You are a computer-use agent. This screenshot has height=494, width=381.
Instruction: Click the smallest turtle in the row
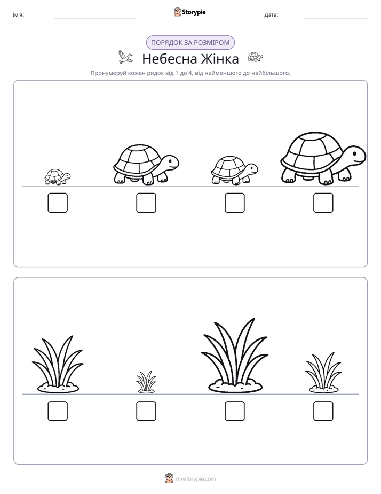tap(57, 177)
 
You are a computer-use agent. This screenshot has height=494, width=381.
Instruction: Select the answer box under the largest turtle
tap(323, 203)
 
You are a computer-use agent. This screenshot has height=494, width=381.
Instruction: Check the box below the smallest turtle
tap(58, 203)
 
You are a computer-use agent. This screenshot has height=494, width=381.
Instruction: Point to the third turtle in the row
tap(234, 170)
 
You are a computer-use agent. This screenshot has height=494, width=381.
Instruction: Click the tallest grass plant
tap(235, 356)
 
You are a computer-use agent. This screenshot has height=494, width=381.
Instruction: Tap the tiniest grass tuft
tap(146, 382)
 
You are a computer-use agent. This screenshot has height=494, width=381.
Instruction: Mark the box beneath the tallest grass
tap(235, 411)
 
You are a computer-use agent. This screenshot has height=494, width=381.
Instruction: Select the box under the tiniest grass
tap(146, 411)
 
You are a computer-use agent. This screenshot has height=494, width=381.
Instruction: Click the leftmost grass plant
tap(58, 364)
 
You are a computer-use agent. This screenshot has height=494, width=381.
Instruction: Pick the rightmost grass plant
tap(323, 373)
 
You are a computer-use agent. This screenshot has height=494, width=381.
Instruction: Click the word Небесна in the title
tap(170, 59)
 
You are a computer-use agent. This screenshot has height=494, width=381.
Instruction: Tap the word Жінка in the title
tap(220, 59)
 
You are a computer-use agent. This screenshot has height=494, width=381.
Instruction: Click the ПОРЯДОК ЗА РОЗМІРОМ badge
tap(190, 43)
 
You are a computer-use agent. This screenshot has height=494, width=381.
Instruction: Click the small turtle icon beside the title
tap(255, 57)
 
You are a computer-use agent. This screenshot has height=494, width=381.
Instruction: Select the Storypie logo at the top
tap(190, 12)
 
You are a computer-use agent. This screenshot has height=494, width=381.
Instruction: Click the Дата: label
tap(271, 15)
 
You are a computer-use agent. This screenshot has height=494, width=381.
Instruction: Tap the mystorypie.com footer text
tap(195, 479)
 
